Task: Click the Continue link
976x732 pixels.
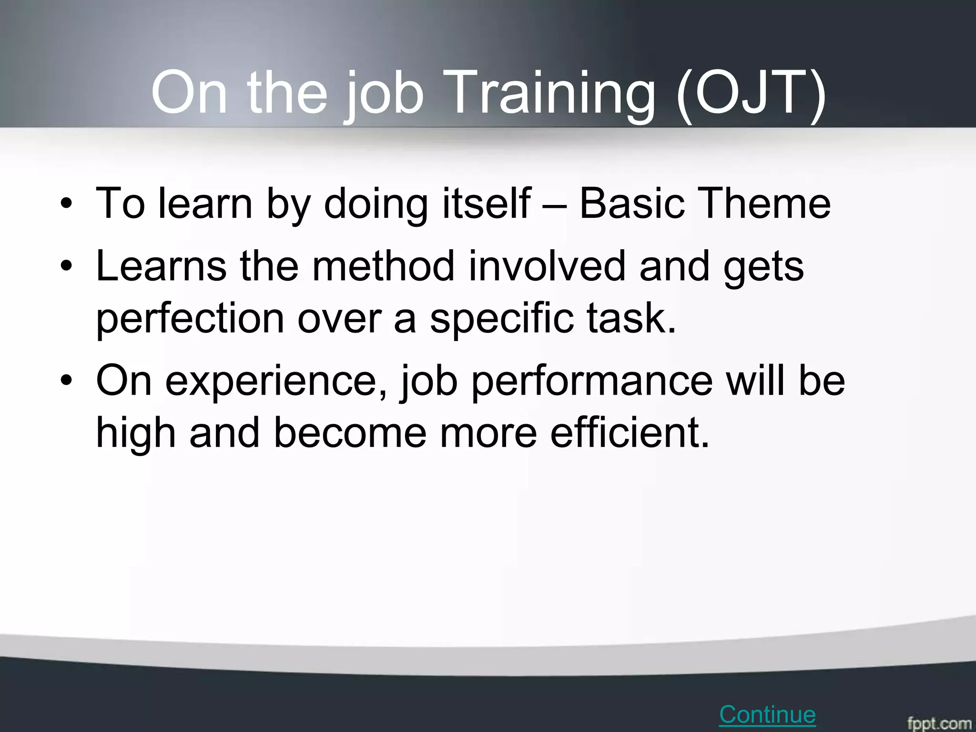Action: (x=767, y=714)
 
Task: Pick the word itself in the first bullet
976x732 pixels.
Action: (x=486, y=204)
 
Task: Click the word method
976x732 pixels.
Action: (x=383, y=267)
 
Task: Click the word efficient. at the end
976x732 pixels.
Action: (x=630, y=433)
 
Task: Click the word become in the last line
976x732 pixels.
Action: (x=350, y=433)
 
